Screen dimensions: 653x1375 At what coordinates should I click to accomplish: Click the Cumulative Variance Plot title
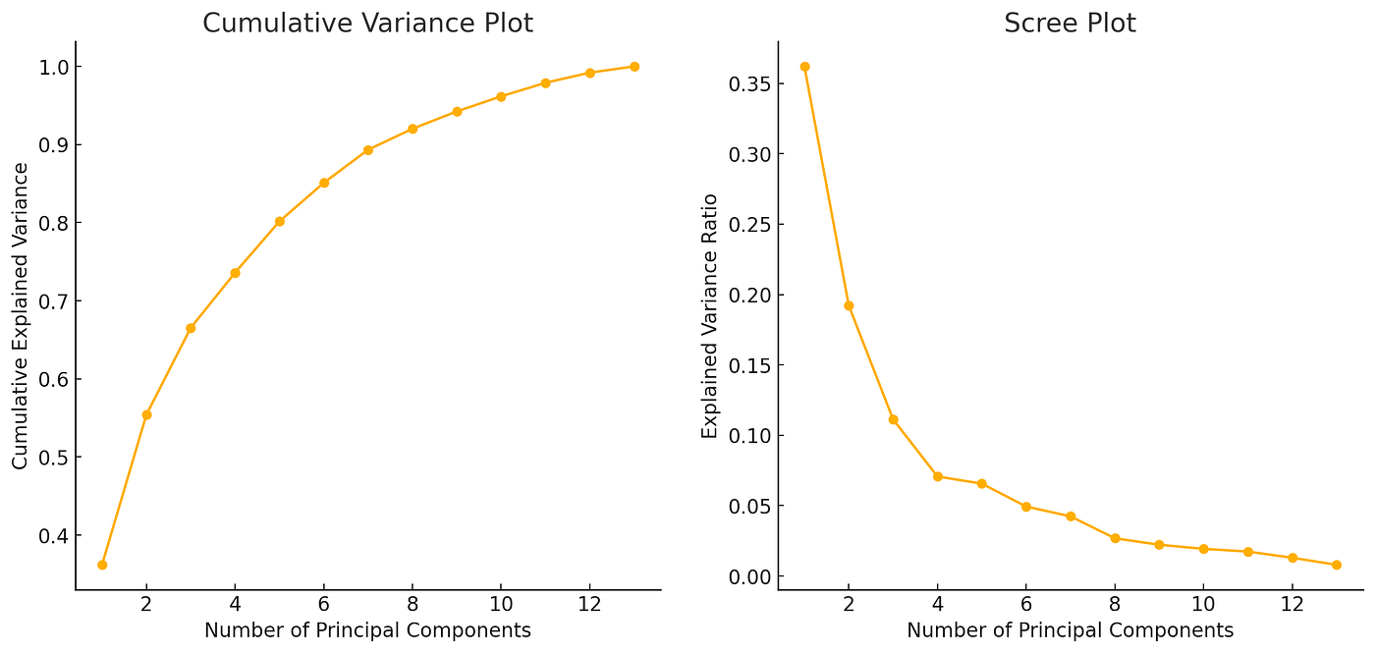point(367,24)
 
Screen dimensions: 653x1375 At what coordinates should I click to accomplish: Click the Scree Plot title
point(1070,24)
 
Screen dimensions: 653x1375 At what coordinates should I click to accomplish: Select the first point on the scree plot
point(804,67)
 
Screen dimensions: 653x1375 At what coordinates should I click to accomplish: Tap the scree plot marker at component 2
point(849,305)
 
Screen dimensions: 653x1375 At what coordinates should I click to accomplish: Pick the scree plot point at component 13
point(1336,565)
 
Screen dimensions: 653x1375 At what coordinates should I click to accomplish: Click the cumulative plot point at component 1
point(102,565)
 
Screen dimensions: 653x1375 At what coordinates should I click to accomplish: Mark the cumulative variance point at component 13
point(633,67)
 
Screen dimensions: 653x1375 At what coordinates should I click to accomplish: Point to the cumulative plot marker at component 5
point(279,222)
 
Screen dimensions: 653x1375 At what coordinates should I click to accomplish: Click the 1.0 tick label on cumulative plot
point(47,67)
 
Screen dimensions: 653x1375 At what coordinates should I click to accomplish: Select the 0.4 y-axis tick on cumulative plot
point(47,536)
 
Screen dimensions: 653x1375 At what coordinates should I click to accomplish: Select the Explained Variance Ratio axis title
point(710,316)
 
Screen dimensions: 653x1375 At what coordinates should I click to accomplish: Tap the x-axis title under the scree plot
point(1070,630)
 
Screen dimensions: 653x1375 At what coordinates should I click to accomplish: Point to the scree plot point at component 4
point(937,476)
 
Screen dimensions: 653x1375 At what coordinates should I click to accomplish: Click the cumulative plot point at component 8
point(412,129)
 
